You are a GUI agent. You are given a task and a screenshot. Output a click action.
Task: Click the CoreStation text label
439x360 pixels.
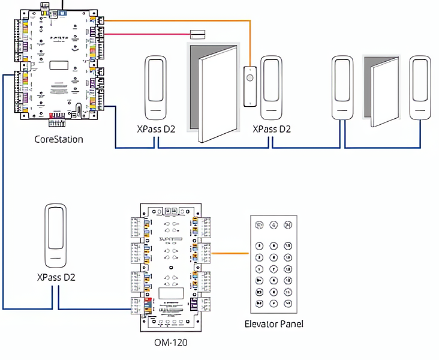point(59,139)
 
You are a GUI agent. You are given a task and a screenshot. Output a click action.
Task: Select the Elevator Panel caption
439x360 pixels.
point(274,324)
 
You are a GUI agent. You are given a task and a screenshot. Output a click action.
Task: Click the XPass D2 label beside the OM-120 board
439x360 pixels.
point(56,277)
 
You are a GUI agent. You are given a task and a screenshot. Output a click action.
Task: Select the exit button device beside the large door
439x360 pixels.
point(249,87)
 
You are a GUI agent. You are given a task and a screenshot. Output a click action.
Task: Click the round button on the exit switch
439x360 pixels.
point(249,77)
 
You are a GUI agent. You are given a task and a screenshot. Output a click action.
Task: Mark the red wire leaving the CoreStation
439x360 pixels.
point(150,34)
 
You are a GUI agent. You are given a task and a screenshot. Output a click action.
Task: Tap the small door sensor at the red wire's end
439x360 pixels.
point(197,34)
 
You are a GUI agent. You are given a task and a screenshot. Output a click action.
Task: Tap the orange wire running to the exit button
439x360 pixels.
point(180,21)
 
